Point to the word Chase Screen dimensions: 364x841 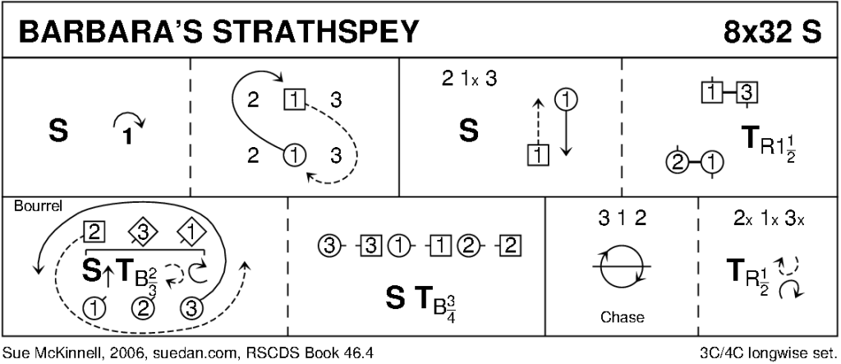click(x=621, y=317)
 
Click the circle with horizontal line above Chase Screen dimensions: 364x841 click(x=621, y=268)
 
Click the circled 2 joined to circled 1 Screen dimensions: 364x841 click(x=678, y=161)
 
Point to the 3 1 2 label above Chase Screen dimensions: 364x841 click(x=621, y=220)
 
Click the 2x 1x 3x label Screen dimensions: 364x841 click(x=768, y=220)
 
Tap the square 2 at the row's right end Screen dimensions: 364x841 click(x=512, y=244)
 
